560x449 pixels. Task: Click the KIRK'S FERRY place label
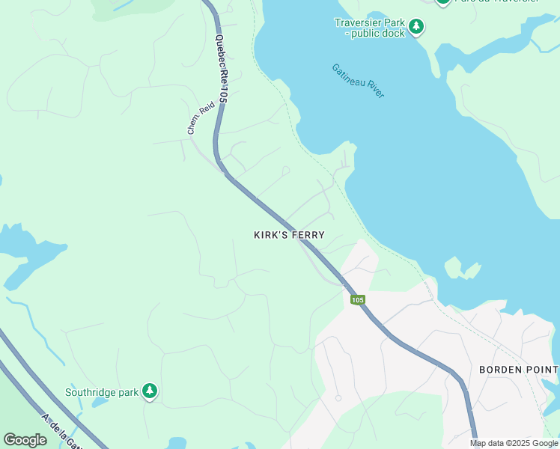coord(289,235)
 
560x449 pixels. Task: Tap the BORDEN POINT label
coord(518,370)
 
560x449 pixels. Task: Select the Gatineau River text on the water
coord(358,81)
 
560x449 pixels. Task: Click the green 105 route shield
coord(357,299)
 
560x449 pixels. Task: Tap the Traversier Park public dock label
coord(369,28)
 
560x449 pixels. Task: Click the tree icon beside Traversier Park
coord(416,28)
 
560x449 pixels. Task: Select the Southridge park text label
coord(101,391)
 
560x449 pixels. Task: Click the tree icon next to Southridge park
coord(150,391)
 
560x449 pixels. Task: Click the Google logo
coord(25,440)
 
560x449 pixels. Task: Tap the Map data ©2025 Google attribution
coord(514,443)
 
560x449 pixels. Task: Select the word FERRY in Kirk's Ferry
coord(308,235)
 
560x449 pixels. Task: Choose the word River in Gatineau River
coord(374,90)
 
